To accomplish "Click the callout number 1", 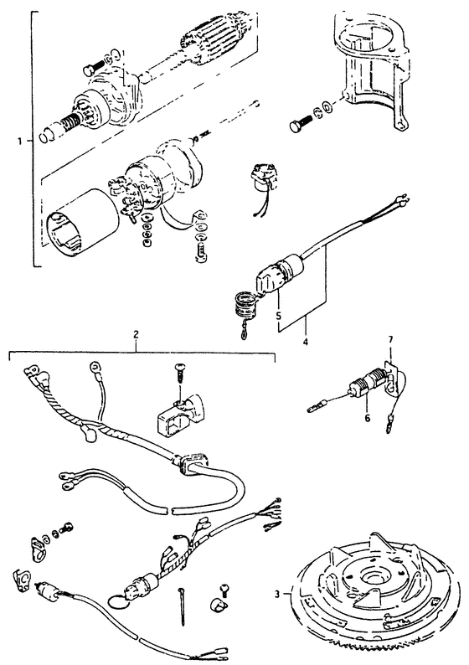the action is click(x=19, y=142).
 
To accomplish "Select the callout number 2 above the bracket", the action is click(x=136, y=334).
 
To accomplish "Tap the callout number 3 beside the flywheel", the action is click(x=277, y=595).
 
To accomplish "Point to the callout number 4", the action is click(x=306, y=341).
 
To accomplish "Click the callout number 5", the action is click(x=278, y=316).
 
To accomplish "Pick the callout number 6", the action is click(x=367, y=418).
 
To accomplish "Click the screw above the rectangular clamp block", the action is click(x=180, y=374).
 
